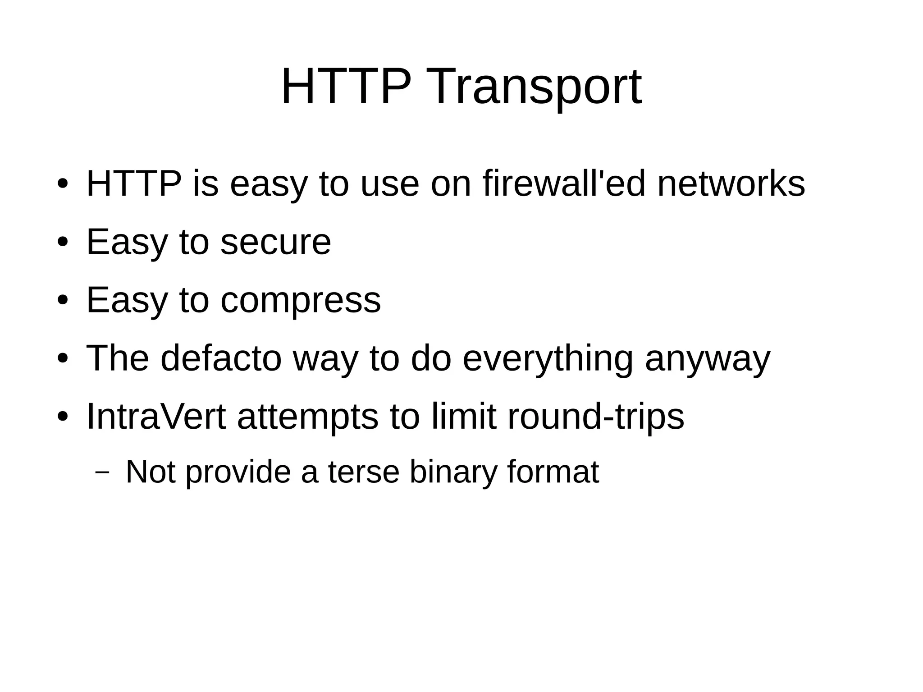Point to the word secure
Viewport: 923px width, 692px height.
[x=276, y=242]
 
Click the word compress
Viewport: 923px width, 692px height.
[x=301, y=300]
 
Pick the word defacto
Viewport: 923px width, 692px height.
[x=221, y=358]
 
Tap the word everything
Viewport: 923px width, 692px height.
[x=548, y=359]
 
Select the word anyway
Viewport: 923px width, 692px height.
[x=708, y=359]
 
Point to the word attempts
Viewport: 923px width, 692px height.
[x=308, y=417]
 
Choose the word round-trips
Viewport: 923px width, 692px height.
[x=596, y=417]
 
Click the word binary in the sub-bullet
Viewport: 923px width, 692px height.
[x=452, y=472]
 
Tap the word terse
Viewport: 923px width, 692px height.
[x=364, y=472]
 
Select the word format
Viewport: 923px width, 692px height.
[x=553, y=472]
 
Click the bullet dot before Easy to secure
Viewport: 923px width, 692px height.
[x=63, y=243]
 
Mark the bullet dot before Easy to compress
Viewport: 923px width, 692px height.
[x=63, y=301]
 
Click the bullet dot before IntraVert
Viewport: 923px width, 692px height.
[x=63, y=417]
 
